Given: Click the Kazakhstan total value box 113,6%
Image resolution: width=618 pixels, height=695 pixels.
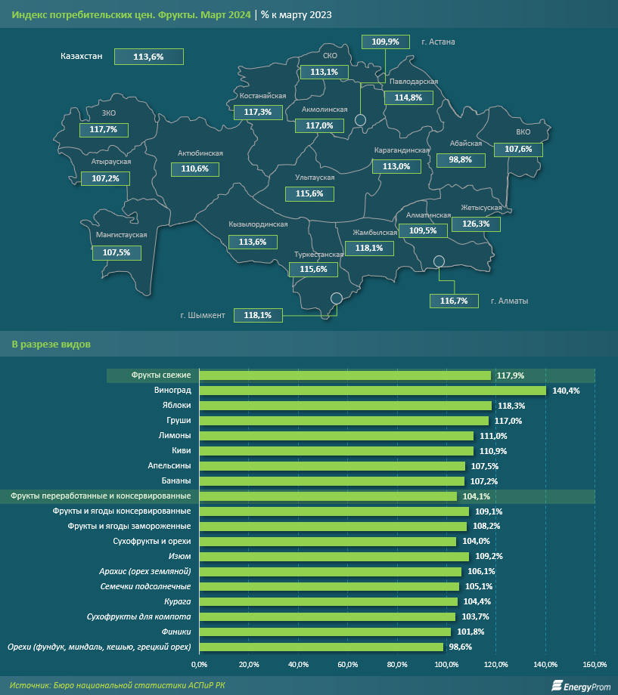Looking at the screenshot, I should pyautogui.click(x=148, y=57).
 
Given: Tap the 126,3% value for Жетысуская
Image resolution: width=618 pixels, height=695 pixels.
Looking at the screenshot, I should pyautogui.click(x=475, y=224).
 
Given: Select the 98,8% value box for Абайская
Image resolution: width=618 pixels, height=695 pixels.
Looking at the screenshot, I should pyautogui.click(x=460, y=160).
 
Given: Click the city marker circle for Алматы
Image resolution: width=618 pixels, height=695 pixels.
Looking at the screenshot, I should pyautogui.click(x=439, y=261).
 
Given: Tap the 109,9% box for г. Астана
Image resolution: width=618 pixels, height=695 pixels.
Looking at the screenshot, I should pyautogui.click(x=386, y=42).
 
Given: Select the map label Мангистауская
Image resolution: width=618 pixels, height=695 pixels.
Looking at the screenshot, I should pyautogui.click(x=122, y=235).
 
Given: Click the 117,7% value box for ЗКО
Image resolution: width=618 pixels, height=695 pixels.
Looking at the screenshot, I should pyautogui.click(x=103, y=130).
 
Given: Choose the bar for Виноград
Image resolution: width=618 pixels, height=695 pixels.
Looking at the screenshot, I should pyautogui.click(x=372, y=391).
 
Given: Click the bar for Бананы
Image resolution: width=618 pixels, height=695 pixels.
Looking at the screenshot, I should pyautogui.click(x=331, y=481).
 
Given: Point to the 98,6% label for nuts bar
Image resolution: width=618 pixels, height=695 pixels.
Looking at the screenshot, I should pyautogui.click(x=460, y=647).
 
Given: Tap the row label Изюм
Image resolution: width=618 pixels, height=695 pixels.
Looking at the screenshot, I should pyautogui.click(x=180, y=557).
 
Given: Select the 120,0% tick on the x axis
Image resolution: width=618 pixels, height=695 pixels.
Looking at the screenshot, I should pyautogui.click(x=496, y=665).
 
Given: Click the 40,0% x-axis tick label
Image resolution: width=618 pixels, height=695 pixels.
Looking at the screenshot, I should pyautogui.click(x=298, y=665).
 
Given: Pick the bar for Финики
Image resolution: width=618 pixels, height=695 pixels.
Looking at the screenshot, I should pyautogui.click(x=325, y=632).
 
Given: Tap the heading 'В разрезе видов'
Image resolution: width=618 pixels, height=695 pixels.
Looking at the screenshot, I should pyautogui.click(x=51, y=344).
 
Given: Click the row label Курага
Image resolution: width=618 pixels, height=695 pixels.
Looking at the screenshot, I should pyautogui.click(x=177, y=602).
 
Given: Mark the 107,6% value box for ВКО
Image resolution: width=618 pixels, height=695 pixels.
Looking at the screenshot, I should pyautogui.click(x=518, y=150).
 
